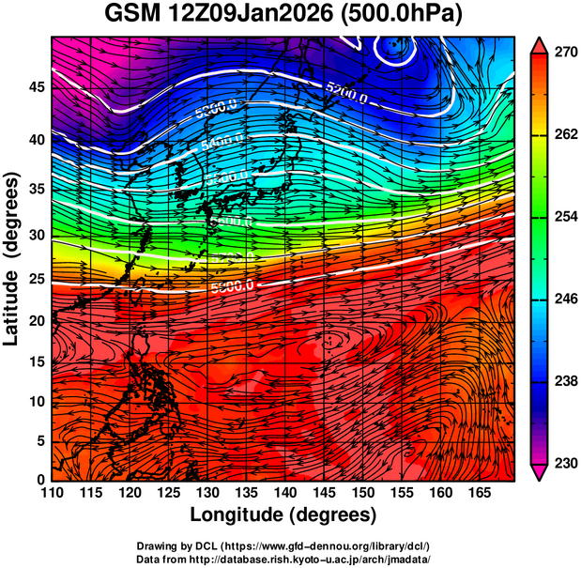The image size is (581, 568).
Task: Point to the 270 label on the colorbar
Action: click(x=562, y=54)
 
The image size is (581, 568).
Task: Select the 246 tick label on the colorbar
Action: click(x=562, y=299)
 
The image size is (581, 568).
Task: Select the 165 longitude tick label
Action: click(x=479, y=493)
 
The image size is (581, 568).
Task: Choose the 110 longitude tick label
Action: click(x=52, y=493)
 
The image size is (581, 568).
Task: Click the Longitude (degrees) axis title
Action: click(x=283, y=514)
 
